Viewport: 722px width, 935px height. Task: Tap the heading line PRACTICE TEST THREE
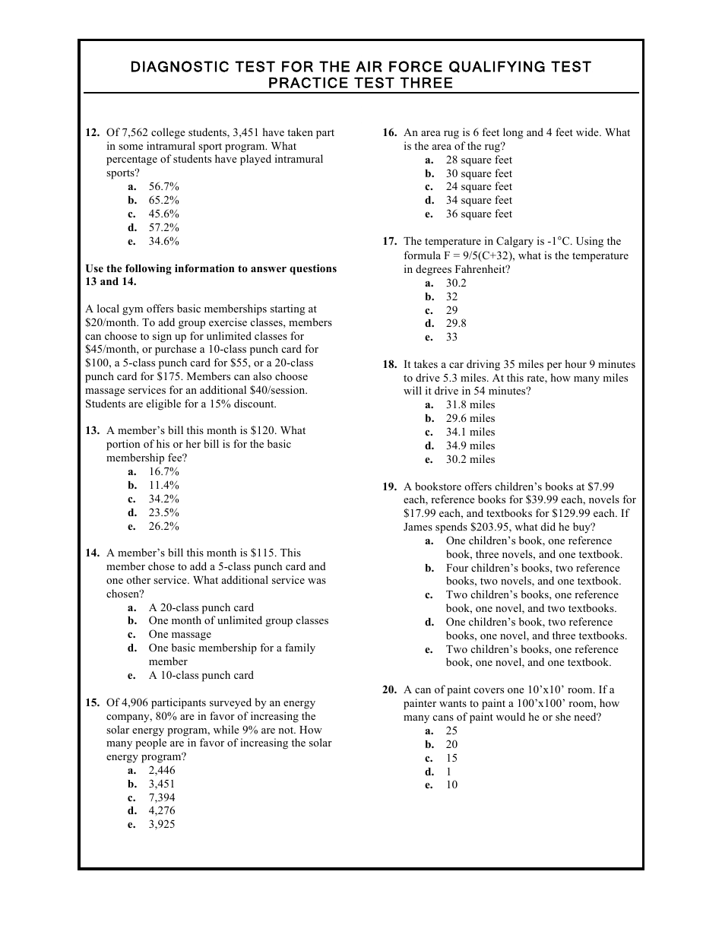360,84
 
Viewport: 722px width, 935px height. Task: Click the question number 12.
92,133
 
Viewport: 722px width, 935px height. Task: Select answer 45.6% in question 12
163,214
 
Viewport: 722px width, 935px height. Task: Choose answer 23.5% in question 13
163,513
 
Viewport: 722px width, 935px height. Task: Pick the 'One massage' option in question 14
179,635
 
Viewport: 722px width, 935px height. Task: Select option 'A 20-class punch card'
201,608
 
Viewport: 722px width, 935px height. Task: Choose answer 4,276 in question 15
161,811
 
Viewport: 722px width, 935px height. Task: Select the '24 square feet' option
479,187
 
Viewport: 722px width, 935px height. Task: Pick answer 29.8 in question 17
456,324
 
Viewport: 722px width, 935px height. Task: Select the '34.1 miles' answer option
470,433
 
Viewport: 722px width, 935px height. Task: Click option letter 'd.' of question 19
429,623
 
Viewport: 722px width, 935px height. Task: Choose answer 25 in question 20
451,731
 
